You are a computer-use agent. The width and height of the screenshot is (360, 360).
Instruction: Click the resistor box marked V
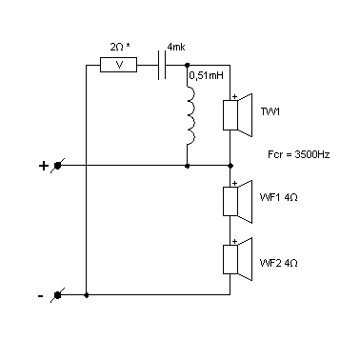(118, 65)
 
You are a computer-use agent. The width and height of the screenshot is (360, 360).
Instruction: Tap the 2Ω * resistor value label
(120, 47)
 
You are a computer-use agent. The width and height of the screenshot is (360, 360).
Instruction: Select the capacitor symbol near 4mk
(162, 65)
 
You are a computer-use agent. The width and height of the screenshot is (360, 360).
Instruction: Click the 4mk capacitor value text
(176, 47)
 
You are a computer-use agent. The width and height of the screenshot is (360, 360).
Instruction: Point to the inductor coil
(191, 115)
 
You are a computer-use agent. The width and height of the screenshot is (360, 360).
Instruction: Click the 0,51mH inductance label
(207, 75)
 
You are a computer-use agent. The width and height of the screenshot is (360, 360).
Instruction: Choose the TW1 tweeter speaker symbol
(238, 115)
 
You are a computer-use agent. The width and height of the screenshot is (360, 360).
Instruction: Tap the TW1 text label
(270, 111)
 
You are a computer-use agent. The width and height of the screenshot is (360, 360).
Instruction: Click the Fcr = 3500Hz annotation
(299, 154)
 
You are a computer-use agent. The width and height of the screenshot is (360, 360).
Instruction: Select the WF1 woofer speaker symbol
(238, 202)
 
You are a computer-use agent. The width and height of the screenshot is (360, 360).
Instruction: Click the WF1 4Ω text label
(279, 197)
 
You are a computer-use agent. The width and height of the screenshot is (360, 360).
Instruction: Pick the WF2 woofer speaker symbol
(238, 259)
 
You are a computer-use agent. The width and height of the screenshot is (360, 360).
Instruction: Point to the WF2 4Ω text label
(279, 263)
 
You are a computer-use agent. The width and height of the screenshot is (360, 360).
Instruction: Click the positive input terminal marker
(57, 166)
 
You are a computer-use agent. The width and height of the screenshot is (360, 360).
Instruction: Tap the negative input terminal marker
(57, 295)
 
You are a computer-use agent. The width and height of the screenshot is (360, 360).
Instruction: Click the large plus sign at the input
(43, 166)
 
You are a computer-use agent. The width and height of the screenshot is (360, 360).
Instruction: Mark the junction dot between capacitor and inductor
(188, 65)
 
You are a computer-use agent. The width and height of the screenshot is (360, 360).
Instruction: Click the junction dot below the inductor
(188, 166)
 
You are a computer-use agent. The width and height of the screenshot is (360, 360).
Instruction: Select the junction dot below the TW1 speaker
(230, 166)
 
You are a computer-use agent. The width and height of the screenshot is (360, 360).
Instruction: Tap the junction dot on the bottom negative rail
(87, 295)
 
